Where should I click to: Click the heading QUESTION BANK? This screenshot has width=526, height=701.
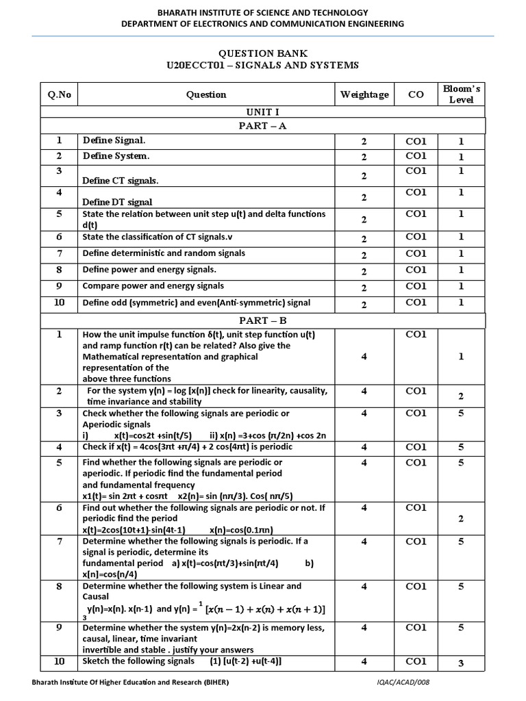coord(262,53)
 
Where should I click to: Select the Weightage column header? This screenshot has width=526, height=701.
coord(364,95)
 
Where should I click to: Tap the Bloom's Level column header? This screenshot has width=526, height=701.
coord(461,94)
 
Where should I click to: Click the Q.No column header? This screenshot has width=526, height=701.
coord(59,95)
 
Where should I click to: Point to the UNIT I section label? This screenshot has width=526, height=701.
coord(262,111)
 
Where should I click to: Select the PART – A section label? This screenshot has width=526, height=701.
coord(262,126)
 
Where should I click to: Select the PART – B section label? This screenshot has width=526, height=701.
coord(262,320)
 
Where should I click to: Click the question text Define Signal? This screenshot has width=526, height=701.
coord(114,140)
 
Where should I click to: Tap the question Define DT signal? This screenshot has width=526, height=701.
coord(117,202)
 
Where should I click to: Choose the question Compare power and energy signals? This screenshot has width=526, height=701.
coord(153,286)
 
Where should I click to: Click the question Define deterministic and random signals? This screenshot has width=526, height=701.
coord(164,253)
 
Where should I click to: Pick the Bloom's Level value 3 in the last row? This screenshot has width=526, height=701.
coord(461,663)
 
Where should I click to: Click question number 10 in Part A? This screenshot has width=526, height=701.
coord(59,302)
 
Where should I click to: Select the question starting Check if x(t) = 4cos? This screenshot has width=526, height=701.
coord(187,447)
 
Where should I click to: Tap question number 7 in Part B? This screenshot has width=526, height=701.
coord(59,541)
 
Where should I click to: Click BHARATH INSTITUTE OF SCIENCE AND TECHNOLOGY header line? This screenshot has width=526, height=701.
coord(262,12)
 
